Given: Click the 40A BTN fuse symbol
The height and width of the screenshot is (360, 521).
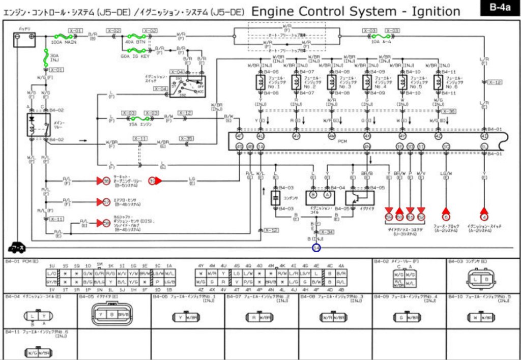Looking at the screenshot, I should coord(136,37).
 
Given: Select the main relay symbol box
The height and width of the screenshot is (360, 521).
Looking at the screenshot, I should coord(39,125).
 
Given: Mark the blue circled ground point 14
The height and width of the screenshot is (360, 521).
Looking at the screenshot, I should coord(316,248).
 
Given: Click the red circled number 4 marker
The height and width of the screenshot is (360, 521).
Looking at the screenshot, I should coord(484,217).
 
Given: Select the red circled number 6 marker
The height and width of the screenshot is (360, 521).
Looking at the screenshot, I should coord(446,217).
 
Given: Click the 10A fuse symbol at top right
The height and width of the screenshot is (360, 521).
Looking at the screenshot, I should coord(378,37).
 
